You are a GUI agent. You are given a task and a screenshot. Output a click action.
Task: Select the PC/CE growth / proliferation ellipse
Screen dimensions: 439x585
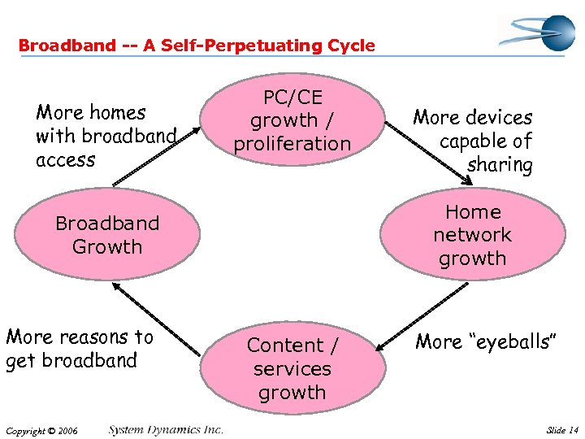click(x=292, y=120)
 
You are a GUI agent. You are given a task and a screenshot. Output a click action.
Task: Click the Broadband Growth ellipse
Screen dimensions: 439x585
click(x=107, y=235)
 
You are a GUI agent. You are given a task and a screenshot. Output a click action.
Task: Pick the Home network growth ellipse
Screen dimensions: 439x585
click(x=472, y=235)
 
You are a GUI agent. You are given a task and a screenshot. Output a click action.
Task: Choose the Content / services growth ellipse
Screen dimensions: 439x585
click(x=292, y=368)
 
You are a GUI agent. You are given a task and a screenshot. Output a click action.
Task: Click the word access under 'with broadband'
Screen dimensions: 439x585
click(x=66, y=160)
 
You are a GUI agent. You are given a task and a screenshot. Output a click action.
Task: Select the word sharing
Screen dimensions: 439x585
click(x=500, y=166)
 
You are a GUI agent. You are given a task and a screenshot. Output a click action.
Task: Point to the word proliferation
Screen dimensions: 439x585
click(x=292, y=144)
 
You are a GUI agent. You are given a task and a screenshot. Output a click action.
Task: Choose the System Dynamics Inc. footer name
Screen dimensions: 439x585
click(x=166, y=430)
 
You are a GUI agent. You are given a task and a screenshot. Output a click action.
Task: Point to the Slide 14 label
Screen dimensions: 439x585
click(x=563, y=430)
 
